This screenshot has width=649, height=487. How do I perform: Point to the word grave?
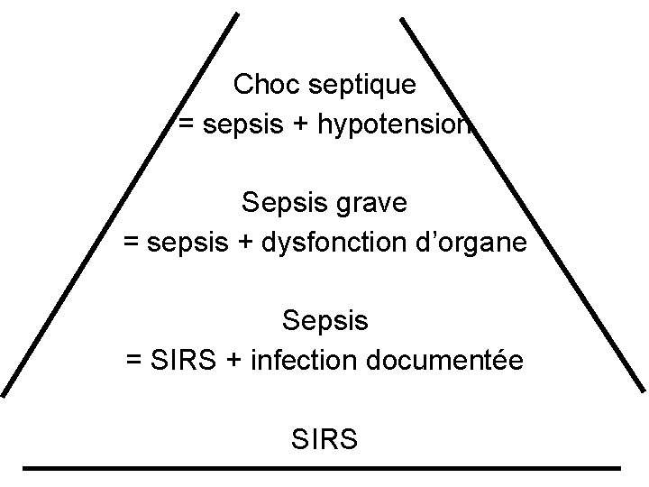[x=371, y=204]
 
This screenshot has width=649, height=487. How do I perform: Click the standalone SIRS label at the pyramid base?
[x=324, y=440]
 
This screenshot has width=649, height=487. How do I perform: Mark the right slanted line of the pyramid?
[x=523, y=204]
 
